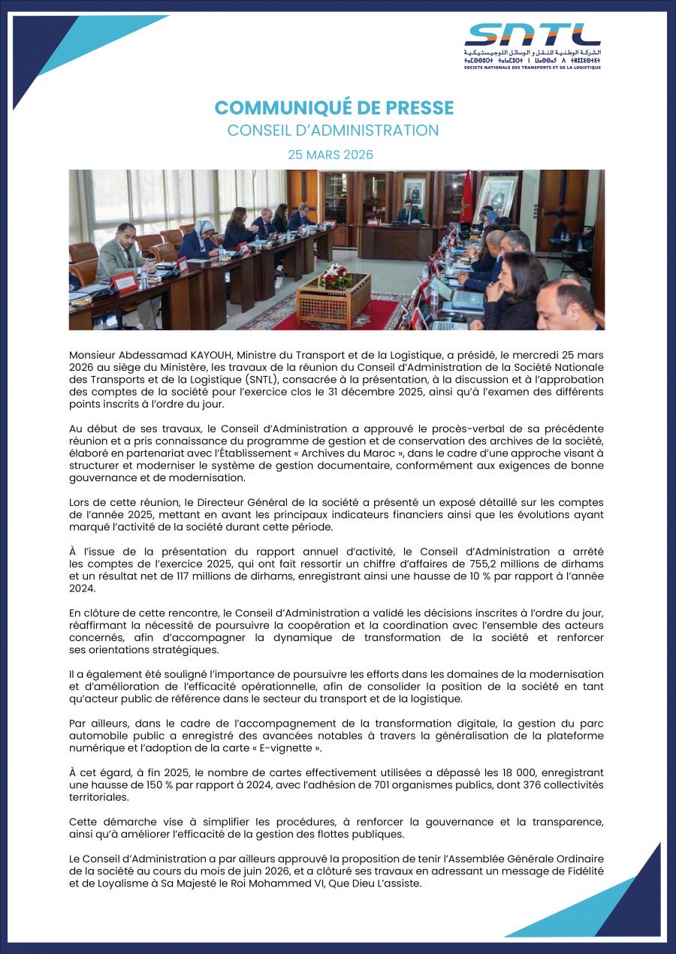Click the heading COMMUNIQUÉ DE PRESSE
(334, 108)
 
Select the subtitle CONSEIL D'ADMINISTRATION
(333, 131)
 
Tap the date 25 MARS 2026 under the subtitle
(330, 155)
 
